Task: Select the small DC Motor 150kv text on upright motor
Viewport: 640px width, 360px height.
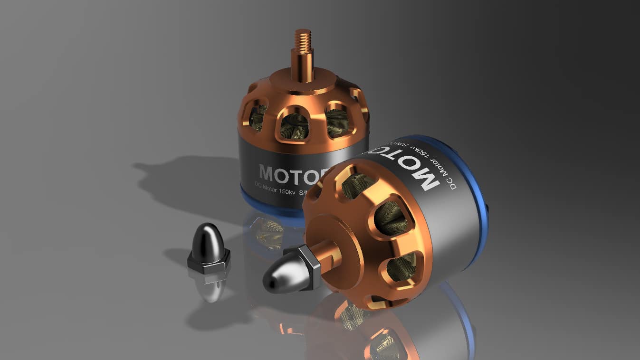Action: point(280,190)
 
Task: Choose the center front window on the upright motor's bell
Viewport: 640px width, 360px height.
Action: point(294,124)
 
